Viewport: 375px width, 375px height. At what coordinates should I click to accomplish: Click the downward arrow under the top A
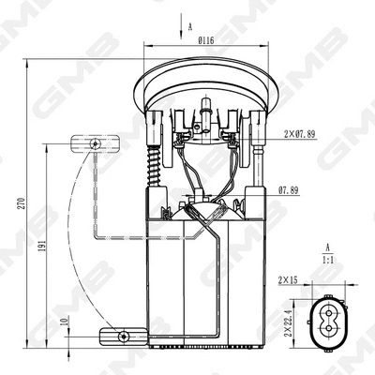click(178, 35)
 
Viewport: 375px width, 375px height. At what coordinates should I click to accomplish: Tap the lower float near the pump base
click(121, 334)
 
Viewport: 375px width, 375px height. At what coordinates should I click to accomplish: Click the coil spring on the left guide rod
click(152, 169)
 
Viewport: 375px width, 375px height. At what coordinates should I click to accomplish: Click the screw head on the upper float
click(97, 142)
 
